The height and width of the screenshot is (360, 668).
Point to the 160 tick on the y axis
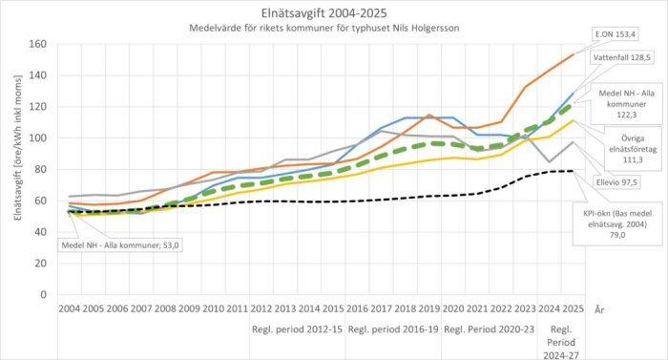coord(37,45)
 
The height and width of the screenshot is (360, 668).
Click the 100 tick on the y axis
coord(37,138)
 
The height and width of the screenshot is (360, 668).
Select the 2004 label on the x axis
coord(70,310)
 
